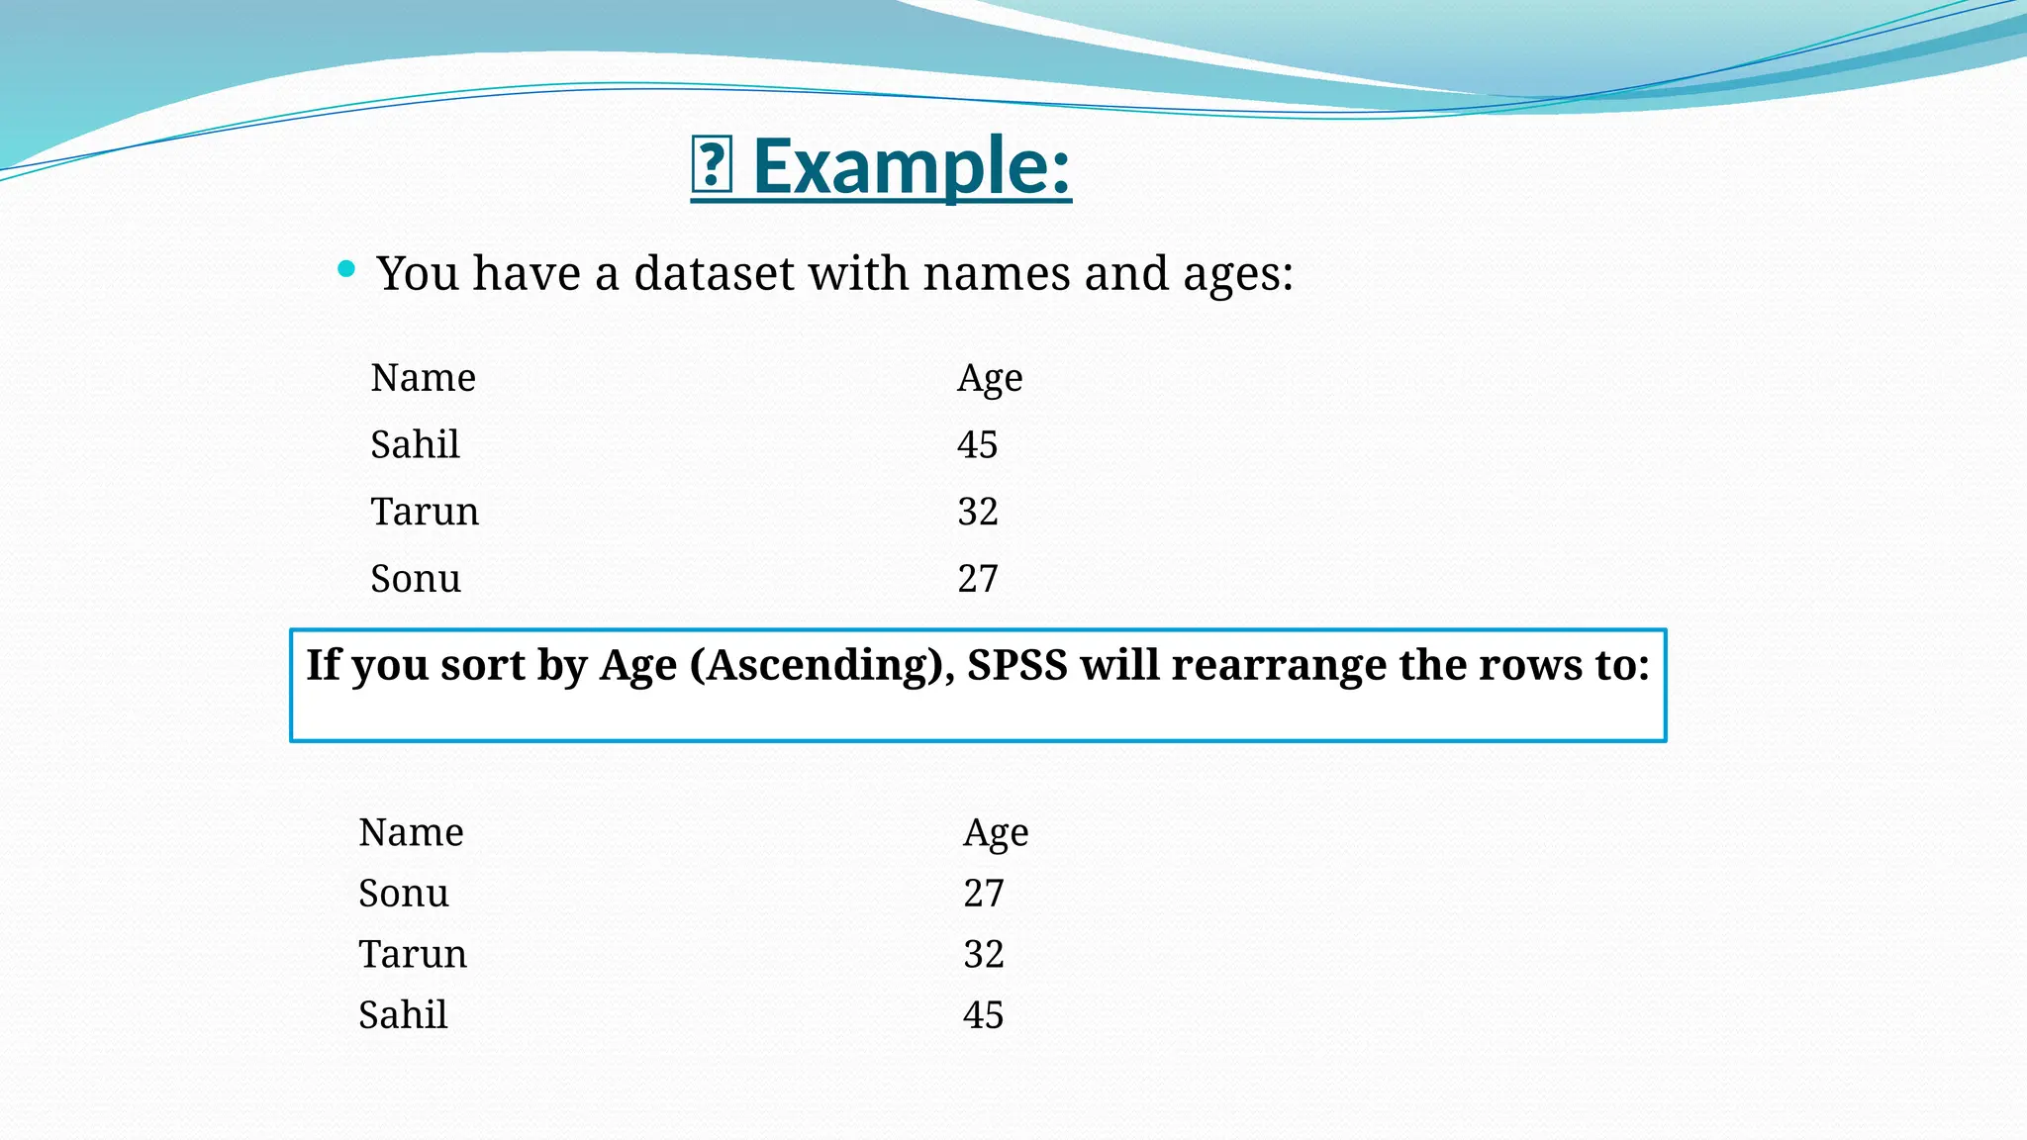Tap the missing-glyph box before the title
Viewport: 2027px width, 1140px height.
(x=711, y=166)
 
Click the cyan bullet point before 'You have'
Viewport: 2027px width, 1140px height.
(x=345, y=268)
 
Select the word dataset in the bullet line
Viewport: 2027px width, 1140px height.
(x=714, y=273)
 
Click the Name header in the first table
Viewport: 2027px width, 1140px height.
(x=423, y=378)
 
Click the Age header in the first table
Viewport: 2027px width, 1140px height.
(x=989, y=379)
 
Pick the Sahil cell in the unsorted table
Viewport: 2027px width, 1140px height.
(x=415, y=444)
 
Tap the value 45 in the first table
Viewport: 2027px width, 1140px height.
(x=977, y=445)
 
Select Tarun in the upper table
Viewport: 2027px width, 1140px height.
(x=425, y=512)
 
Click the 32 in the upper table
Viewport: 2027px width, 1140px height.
(x=977, y=512)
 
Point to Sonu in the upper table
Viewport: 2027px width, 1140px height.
(x=416, y=579)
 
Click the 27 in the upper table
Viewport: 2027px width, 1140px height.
(x=977, y=579)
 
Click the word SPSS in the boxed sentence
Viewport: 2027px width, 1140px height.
(x=1016, y=665)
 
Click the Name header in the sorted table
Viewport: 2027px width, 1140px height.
(x=411, y=832)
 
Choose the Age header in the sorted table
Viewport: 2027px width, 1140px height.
(x=995, y=833)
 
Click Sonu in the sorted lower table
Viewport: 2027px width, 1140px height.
(x=403, y=894)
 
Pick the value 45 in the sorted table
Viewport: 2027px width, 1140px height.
(x=983, y=1015)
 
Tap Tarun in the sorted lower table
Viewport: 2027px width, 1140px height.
(x=412, y=954)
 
